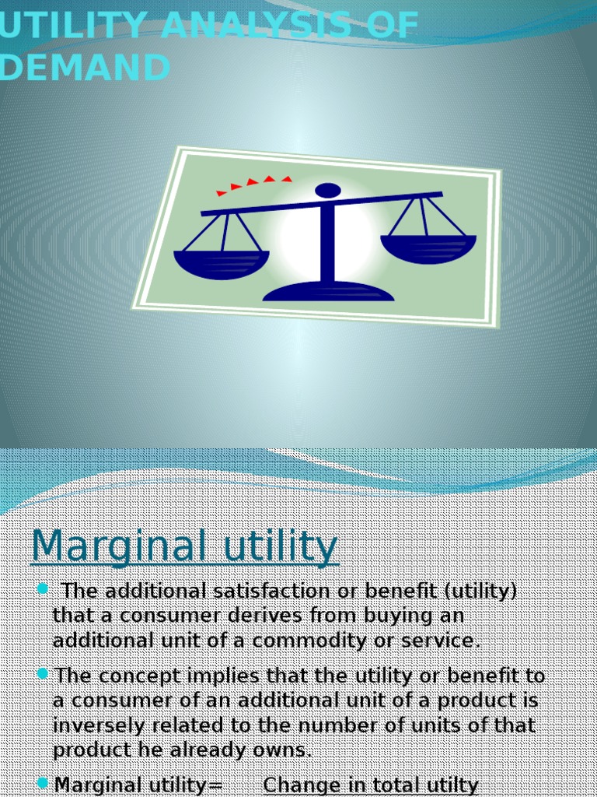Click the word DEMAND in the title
pos(86,68)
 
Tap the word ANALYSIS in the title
pos(259,26)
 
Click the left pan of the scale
pos(222,263)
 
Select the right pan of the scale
pos(428,248)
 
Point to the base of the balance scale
pos(328,292)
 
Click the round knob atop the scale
pos(328,191)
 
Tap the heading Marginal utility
pos(184,546)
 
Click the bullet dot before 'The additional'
pos(42,588)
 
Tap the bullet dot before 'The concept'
pos(42,672)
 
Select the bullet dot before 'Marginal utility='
pos(42,782)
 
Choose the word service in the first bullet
pos(444,641)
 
